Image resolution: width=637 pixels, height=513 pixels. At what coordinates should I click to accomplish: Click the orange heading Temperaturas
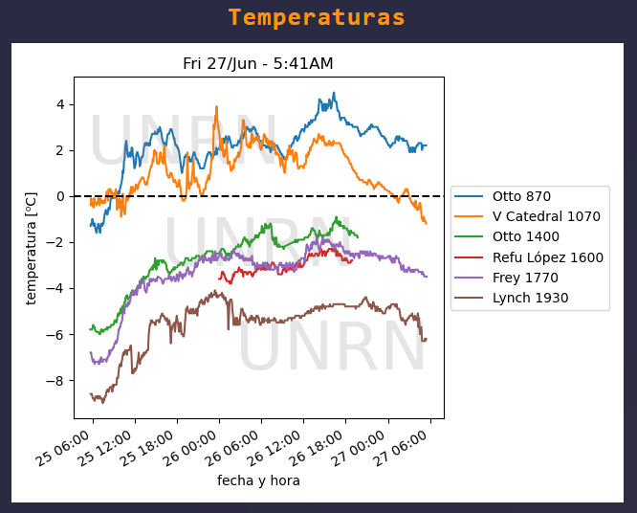tap(317, 18)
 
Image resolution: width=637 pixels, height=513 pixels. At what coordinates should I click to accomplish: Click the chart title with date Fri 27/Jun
tap(258, 64)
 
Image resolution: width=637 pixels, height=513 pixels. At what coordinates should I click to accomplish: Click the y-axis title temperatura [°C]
tap(32, 247)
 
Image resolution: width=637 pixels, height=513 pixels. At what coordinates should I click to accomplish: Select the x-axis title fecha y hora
tap(258, 480)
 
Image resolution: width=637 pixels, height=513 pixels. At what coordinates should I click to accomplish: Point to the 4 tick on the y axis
tap(59, 104)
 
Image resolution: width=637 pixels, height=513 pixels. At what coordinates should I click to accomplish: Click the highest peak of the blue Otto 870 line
tap(334, 93)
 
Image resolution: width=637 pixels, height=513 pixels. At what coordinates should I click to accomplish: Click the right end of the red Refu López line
tap(353, 258)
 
